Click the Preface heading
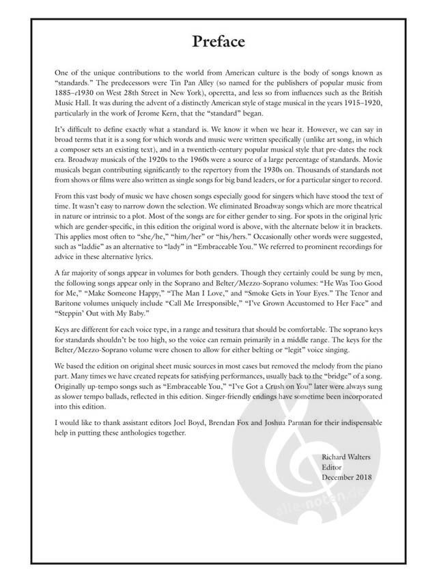pyautogui.click(x=218, y=42)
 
